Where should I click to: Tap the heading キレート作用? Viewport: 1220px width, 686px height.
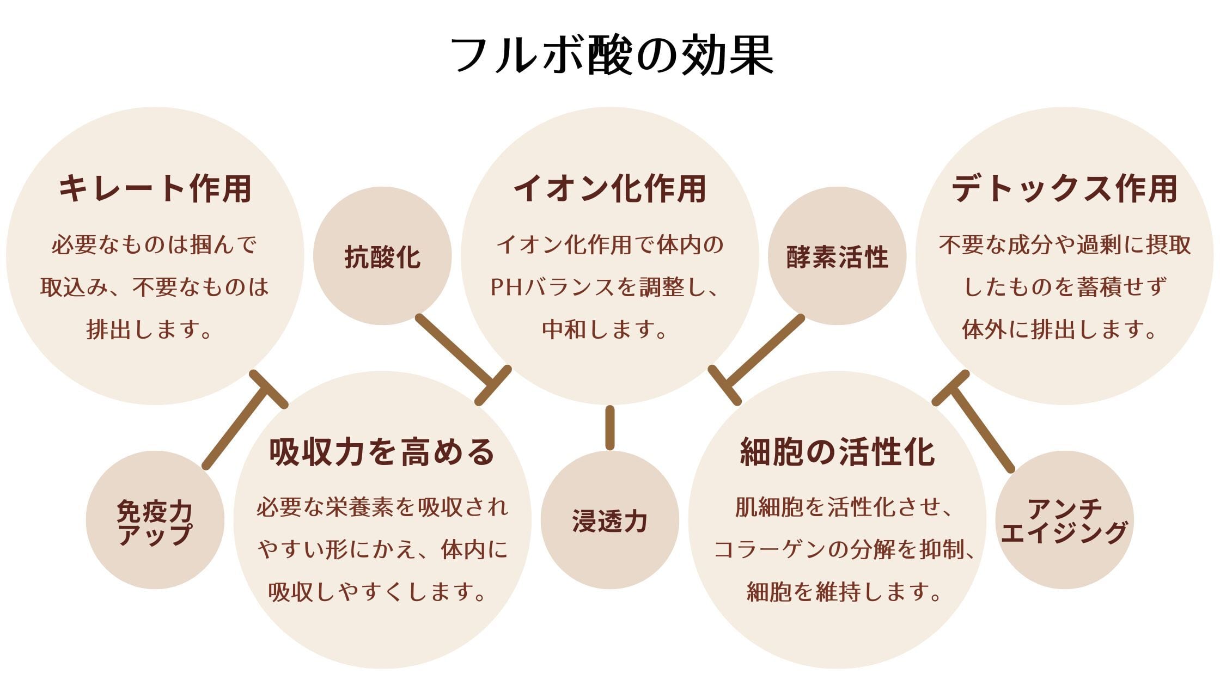click(155, 189)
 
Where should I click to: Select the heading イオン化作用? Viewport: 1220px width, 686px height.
click(610, 189)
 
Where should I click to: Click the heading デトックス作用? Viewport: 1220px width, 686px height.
click(1065, 189)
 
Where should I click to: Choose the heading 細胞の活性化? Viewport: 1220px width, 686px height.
click(838, 452)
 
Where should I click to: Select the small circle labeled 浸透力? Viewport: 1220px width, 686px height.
click(610, 520)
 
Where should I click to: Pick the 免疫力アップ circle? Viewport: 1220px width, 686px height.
click(155, 520)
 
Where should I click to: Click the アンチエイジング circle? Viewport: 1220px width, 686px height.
click(1064, 520)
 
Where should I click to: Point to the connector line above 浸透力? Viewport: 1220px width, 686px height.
click(610, 428)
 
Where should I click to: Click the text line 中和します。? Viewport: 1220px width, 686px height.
click(605, 330)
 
